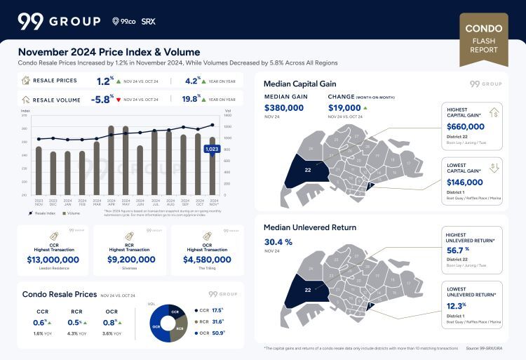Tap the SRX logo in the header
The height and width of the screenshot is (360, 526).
point(148,21)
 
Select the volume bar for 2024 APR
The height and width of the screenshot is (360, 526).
point(111,160)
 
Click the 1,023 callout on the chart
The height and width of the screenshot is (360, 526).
point(211,149)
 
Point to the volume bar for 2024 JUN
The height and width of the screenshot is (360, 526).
point(140,170)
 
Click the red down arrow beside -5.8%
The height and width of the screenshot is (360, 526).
point(119,100)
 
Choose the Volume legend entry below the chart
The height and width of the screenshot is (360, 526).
point(71,213)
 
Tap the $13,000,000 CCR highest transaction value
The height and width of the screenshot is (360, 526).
point(53,259)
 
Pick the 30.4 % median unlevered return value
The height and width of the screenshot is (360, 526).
point(278,241)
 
